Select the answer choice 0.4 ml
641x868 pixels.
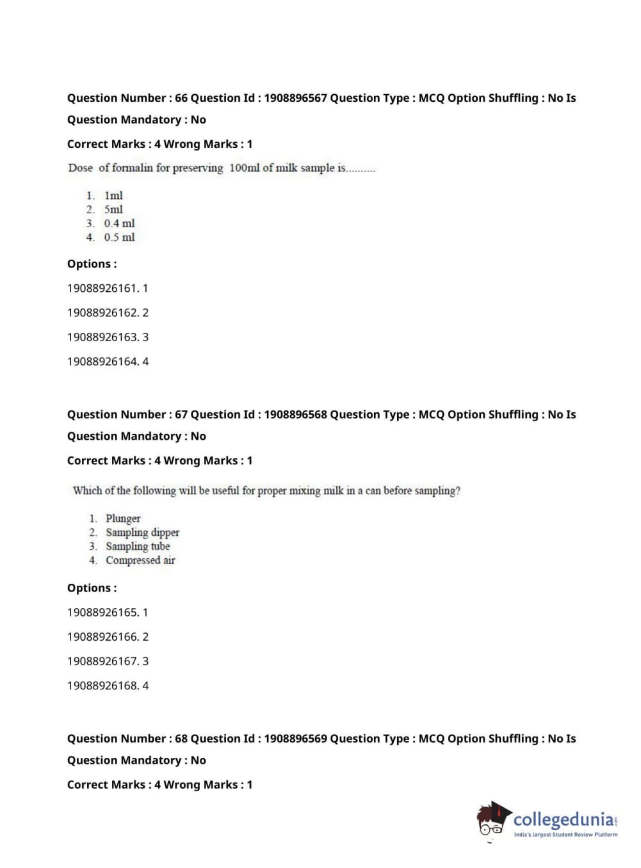point(119,223)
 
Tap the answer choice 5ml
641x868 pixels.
point(113,209)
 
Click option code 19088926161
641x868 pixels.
point(102,288)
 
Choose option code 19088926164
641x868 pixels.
point(102,362)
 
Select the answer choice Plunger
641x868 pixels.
point(123,518)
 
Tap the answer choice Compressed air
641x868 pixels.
point(140,560)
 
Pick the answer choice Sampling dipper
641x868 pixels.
point(142,533)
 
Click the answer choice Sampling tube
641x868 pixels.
point(138,547)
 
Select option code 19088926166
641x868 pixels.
point(102,637)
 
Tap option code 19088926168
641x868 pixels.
point(102,686)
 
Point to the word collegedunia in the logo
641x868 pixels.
point(564,819)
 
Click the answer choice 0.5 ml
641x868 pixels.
point(119,237)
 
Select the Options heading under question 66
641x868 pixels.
point(92,264)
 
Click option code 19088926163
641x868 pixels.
point(102,337)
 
